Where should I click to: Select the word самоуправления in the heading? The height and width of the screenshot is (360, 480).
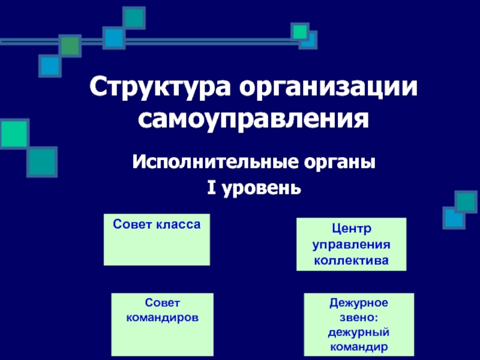[253, 119]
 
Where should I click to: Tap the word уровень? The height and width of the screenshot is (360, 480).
[261, 189]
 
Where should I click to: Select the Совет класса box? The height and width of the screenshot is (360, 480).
[157, 239]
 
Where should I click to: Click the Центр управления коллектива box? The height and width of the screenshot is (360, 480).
[352, 244]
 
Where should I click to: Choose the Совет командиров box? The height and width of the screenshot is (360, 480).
[162, 325]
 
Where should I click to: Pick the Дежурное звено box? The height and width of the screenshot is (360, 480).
[359, 325]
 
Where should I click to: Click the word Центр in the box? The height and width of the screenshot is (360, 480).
[352, 229]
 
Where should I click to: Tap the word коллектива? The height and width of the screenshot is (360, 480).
[352, 260]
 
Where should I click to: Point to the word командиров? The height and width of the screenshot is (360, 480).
[162, 317]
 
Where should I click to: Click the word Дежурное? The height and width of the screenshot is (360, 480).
[359, 303]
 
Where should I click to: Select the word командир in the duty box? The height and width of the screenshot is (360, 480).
[359, 347]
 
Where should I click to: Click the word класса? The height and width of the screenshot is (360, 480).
[178, 224]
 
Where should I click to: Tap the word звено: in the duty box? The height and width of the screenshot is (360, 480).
[359, 317]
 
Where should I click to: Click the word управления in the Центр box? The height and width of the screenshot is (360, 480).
[352, 245]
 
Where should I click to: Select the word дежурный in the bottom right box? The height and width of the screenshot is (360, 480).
[359, 332]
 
